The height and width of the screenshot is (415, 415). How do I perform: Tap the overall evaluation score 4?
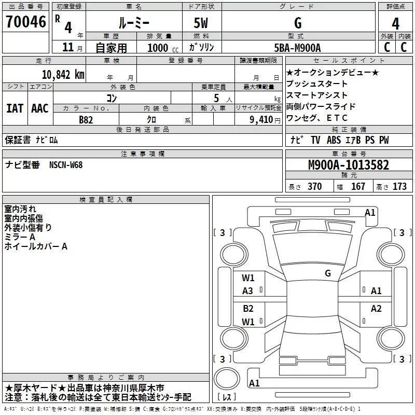click(x=395, y=23)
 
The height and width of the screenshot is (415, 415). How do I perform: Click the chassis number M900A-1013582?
click(x=349, y=165)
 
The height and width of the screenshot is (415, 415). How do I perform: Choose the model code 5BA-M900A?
click(x=297, y=48)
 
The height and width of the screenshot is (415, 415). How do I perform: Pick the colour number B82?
click(x=86, y=119)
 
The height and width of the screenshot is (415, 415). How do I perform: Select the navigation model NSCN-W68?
click(x=66, y=165)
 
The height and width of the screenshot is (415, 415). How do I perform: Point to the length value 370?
click(x=314, y=187)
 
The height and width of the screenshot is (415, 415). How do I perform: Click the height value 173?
click(x=399, y=187)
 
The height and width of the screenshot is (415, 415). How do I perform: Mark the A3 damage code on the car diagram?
click(x=248, y=291)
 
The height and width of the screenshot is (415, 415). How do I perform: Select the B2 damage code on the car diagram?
click(x=248, y=309)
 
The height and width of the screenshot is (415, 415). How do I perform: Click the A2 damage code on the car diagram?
click(x=376, y=309)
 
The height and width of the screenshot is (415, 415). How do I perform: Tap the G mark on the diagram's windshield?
click(x=327, y=273)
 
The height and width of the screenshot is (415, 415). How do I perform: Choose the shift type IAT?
click(x=15, y=108)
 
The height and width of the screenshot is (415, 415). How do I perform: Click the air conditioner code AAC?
click(x=40, y=108)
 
